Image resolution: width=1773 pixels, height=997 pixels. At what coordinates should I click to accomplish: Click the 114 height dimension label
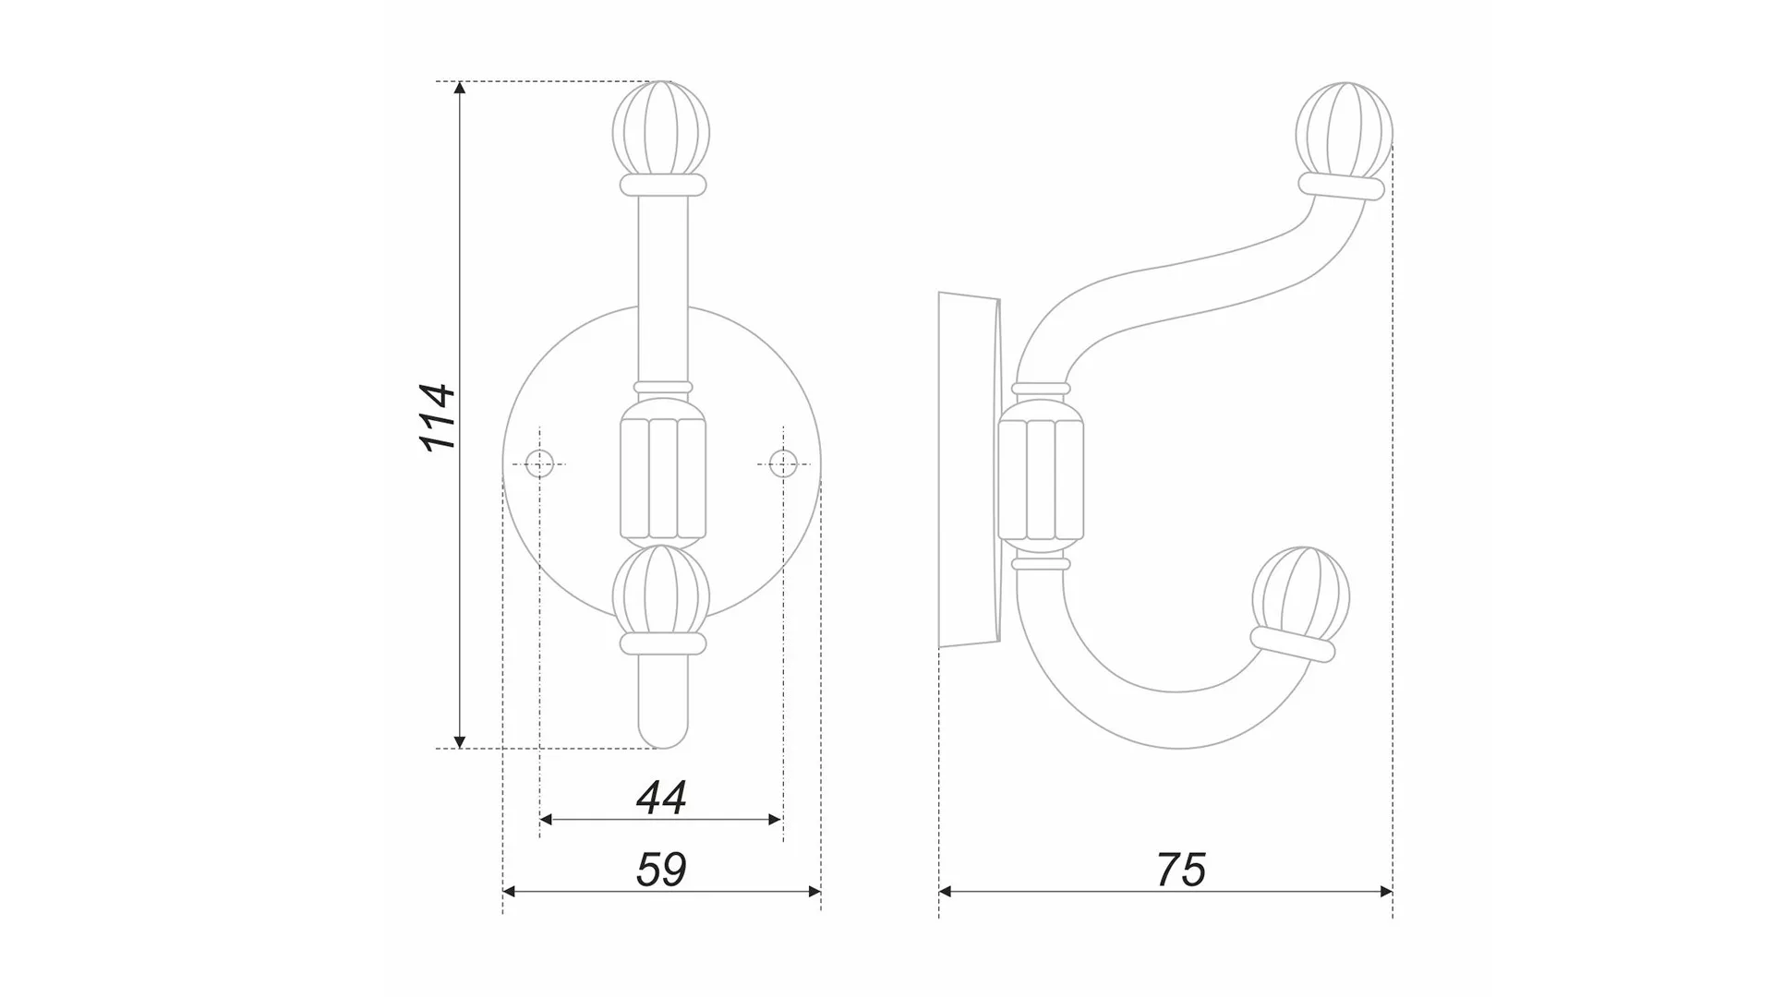tap(439, 417)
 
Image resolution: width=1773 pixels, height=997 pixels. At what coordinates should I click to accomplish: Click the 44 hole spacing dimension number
tap(661, 798)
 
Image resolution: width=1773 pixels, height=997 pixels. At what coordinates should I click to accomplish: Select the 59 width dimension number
tap(661, 870)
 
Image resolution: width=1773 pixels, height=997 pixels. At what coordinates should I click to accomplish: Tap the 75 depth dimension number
tap(1180, 870)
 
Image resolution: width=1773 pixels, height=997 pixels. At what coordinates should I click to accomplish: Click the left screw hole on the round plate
tap(539, 463)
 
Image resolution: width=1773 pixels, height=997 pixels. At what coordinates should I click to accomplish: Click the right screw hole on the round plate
tap(783, 463)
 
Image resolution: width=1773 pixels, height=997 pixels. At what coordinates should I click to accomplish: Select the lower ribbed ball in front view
tap(662, 591)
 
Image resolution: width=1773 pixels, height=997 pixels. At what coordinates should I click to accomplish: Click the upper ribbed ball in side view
tap(1344, 129)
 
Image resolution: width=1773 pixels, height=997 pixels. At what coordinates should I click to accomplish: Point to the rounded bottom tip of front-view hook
tap(663, 734)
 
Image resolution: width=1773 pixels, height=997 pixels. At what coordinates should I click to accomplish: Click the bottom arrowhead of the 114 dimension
tap(460, 742)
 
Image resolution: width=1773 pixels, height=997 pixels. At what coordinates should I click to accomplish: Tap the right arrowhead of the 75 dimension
tap(1386, 892)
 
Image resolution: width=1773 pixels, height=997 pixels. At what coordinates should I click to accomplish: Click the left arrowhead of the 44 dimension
tap(546, 820)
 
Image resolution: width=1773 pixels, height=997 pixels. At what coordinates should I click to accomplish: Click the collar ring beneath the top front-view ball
tap(662, 186)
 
